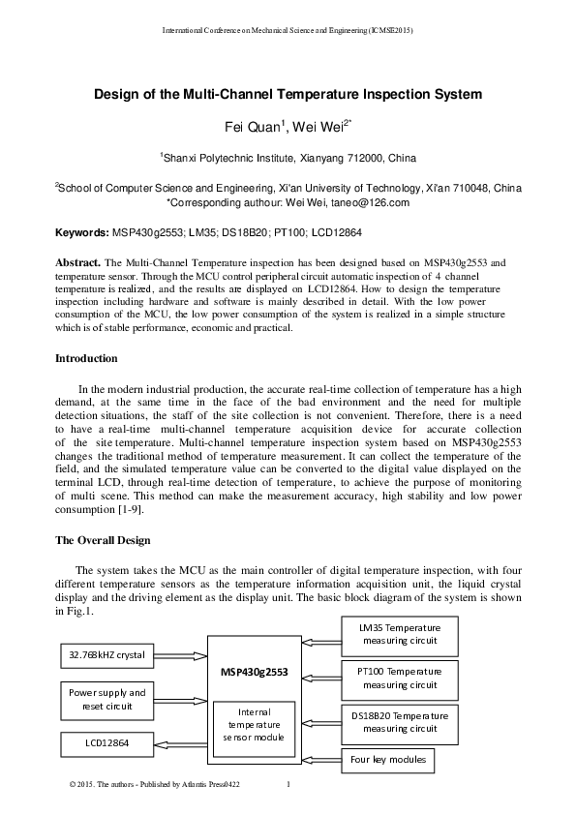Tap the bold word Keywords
pos(81,233)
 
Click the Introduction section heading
pos(86,359)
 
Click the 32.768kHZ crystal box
pos(106,655)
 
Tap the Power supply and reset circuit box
pos(106,700)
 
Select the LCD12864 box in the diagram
pos(106,744)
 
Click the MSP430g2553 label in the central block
pos(254,671)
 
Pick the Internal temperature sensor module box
pos(254,724)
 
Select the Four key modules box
pos(387,760)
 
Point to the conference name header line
pos(288,31)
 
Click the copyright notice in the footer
pos(155,784)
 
